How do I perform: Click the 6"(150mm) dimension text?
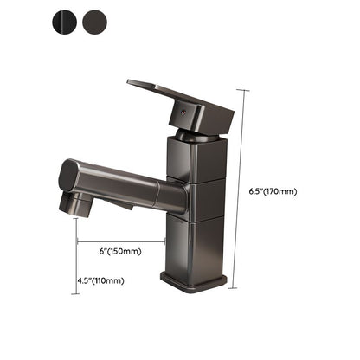pos(120,252)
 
